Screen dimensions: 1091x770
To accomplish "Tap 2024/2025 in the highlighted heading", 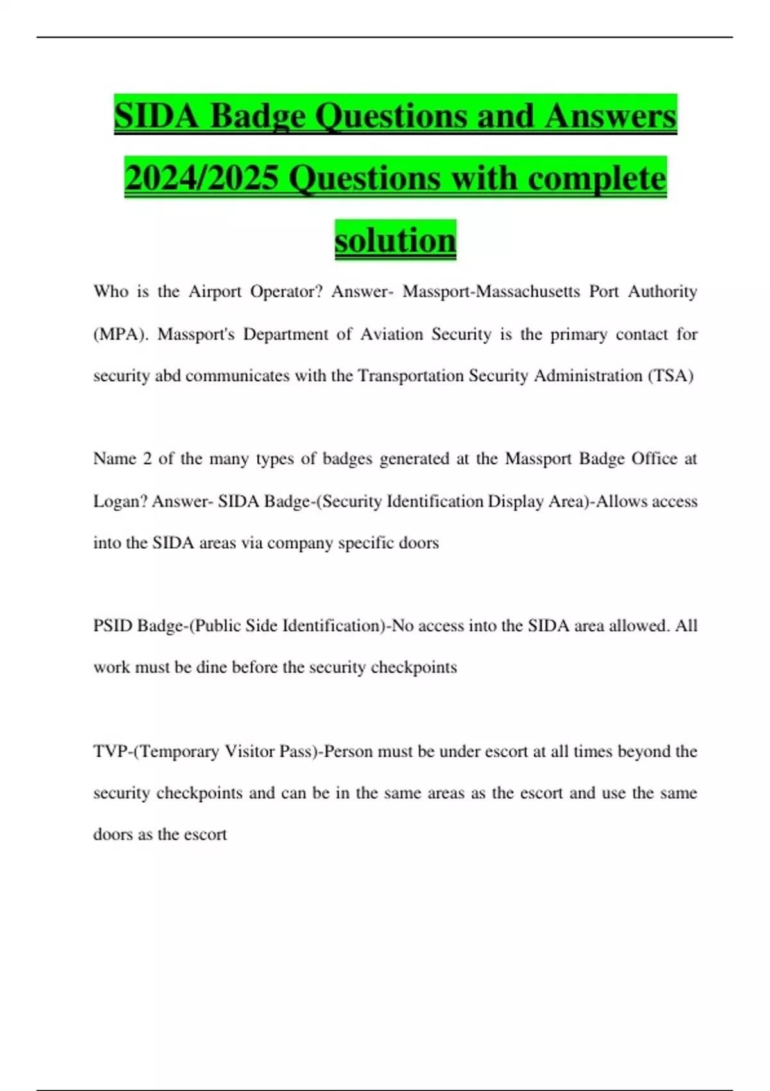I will (201, 178).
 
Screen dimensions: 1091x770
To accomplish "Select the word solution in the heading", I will (395, 240).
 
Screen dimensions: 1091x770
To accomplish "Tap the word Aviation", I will (391, 334).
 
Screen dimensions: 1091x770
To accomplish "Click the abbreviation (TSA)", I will (671, 375).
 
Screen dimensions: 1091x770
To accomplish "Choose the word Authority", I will (662, 291).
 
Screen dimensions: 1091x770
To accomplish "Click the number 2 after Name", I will (148, 459).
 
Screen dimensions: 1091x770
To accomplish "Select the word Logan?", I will (120, 501).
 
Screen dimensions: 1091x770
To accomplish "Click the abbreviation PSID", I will (113, 626).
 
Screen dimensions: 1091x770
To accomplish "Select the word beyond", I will (644, 752).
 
